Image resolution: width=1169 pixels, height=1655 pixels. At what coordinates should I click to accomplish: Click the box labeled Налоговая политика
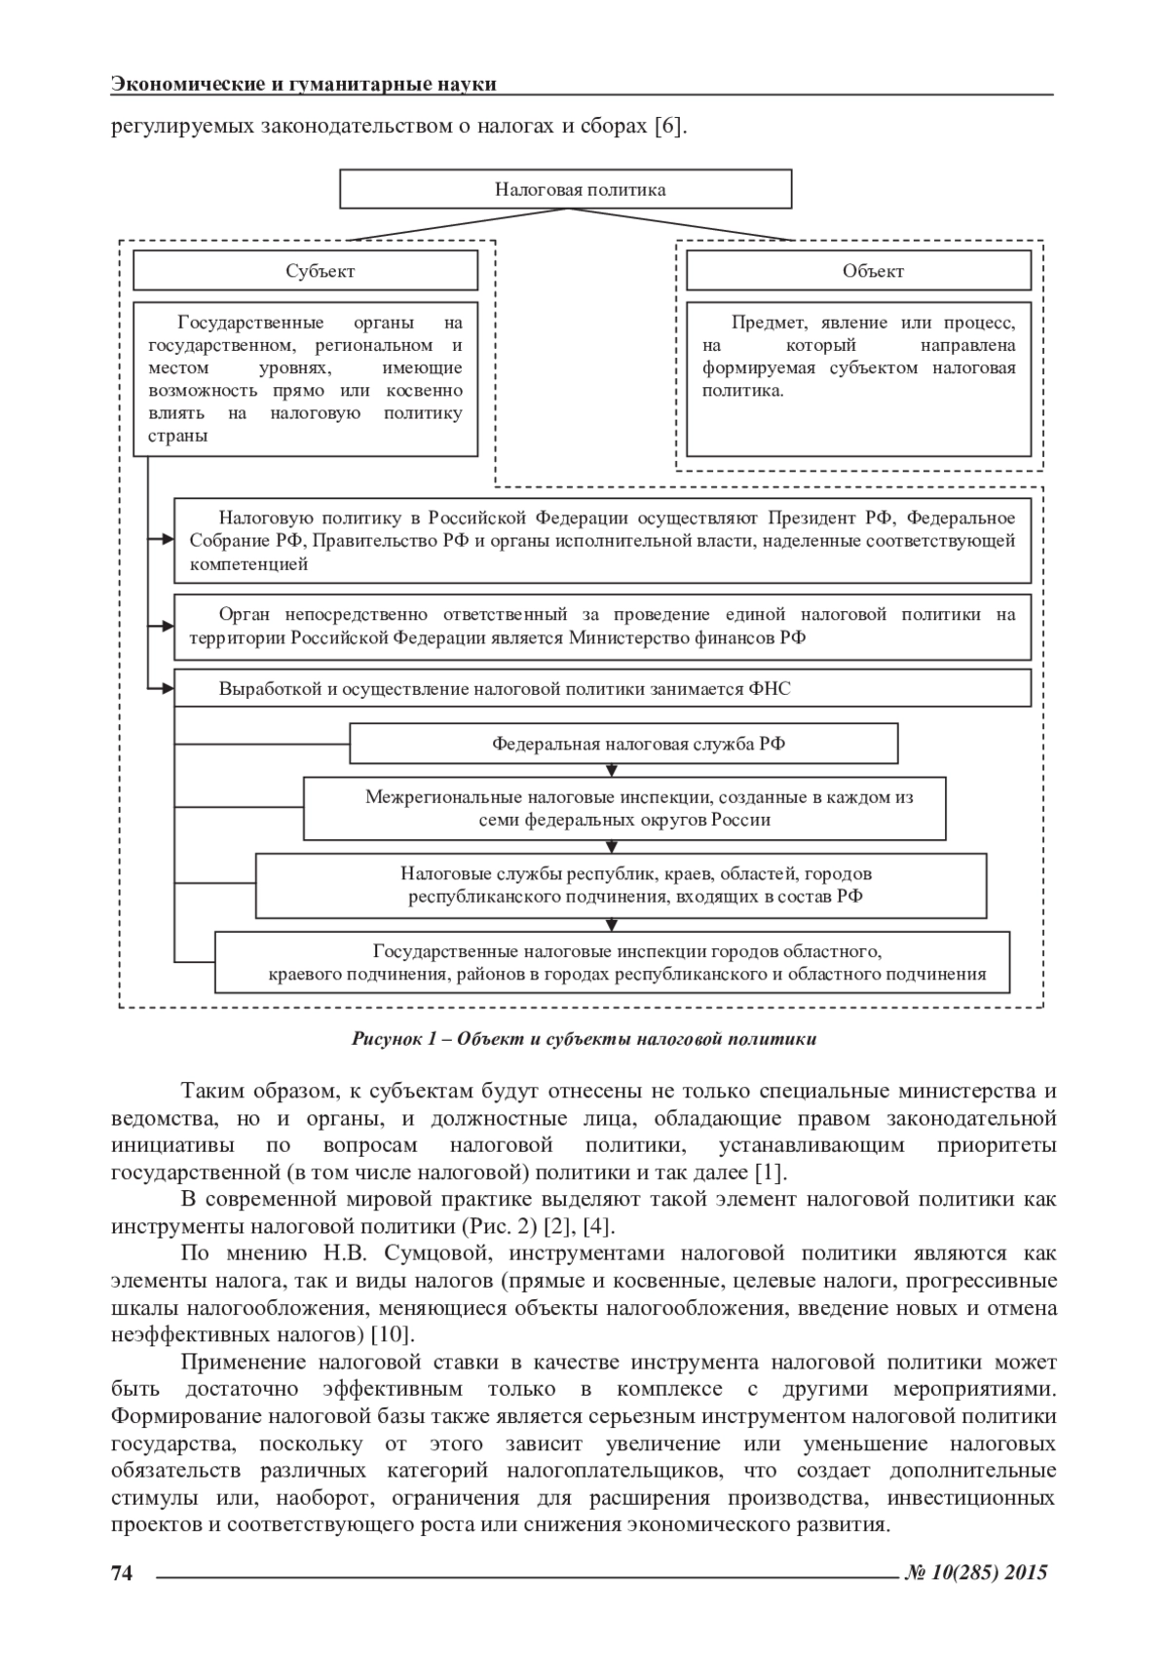[565, 189]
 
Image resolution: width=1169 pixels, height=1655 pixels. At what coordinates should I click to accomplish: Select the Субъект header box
[305, 271]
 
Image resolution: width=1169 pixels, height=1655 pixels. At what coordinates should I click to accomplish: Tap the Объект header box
[858, 271]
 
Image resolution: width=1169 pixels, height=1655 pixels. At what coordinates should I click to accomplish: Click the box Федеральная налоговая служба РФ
[623, 744]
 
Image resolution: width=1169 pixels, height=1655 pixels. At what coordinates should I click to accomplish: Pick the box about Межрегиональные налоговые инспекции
[624, 808]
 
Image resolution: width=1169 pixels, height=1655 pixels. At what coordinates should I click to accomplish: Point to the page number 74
[122, 1572]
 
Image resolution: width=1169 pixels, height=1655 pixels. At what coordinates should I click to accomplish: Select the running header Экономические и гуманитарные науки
[304, 84]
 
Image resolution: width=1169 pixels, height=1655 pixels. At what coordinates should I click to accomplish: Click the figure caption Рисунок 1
[584, 1039]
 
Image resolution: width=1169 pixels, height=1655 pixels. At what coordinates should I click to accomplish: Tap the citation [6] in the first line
[669, 127]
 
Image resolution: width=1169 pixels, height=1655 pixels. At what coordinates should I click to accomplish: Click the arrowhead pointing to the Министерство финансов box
[166, 626]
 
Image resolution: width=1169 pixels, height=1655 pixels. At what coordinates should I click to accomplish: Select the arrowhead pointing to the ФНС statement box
[166, 689]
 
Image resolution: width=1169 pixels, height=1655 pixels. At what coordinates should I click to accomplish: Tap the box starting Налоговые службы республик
[621, 885]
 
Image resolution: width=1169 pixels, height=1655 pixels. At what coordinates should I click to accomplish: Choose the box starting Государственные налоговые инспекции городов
[612, 962]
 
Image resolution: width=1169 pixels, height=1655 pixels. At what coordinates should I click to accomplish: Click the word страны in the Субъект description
[177, 436]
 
